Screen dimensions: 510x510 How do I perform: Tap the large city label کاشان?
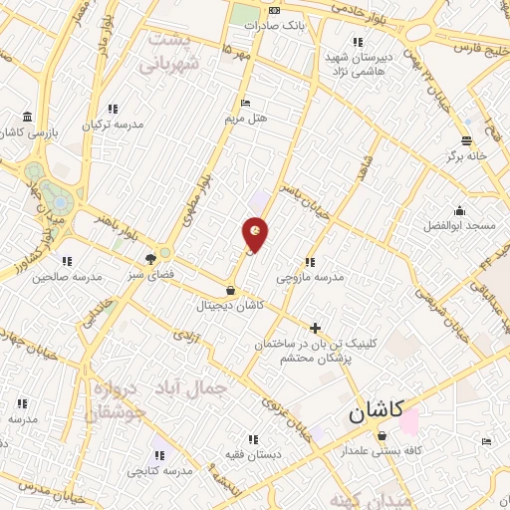point(375,411)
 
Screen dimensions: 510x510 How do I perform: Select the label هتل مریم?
point(246,118)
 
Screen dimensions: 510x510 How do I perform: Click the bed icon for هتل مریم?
point(245,103)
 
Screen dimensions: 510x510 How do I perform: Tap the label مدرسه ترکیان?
point(113,125)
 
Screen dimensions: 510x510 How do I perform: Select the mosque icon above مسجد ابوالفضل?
point(458,211)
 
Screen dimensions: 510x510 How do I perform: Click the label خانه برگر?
point(466,156)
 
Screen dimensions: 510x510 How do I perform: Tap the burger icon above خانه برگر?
point(465,140)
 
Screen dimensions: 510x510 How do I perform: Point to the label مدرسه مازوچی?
point(310,277)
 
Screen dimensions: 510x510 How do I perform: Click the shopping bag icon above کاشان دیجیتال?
point(231,290)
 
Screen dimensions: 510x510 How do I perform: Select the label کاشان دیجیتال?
point(231,305)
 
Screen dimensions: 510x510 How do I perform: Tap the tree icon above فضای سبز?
point(150,258)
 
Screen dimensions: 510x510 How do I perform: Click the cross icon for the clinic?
point(316,328)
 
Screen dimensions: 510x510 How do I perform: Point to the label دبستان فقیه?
point(252,454)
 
